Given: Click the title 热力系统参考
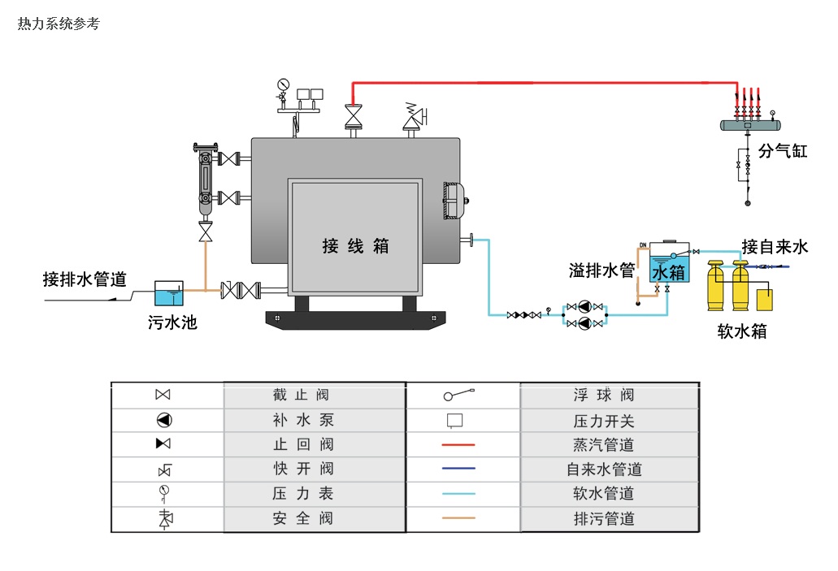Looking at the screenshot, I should tap(59, 24).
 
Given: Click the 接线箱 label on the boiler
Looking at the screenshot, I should tap(356, 246).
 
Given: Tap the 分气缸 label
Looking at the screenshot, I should tap(783, 150).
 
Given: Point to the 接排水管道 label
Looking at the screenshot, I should tap(85, 279).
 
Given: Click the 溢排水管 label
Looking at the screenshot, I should tap(601, 270).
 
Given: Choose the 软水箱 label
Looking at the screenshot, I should tap(741, 331).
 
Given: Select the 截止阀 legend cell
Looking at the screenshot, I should tap(302, 396).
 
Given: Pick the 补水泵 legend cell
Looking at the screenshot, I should tap(302, 420).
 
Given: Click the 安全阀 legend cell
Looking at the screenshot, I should tap(302, 518).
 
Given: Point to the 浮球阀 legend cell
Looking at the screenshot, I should tap(604, 396).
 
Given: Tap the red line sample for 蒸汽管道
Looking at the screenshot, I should tap(458, 445).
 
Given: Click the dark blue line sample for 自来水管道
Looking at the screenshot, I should tap(458, 469).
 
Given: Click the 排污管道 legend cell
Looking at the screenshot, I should tap(604, 518).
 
